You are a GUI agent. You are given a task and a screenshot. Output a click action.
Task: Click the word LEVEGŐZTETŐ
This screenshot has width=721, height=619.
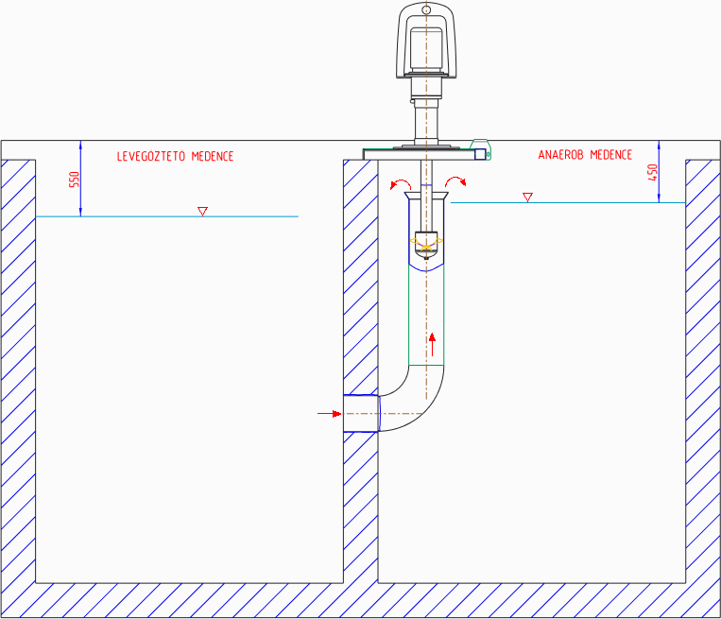coord(151,156)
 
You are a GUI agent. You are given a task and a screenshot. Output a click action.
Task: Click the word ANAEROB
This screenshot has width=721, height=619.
coord(560,155)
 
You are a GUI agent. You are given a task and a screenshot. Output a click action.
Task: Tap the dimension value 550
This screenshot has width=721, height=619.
coord(74,180)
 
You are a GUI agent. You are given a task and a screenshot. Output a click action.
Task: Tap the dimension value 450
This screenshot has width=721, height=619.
coord(652,172)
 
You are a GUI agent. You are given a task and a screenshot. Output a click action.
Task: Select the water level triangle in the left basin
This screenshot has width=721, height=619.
coord(202,211)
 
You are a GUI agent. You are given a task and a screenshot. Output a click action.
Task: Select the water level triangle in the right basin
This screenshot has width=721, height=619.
coord(527,198)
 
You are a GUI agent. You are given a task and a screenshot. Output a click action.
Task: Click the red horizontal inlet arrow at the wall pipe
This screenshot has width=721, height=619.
coord(329,414)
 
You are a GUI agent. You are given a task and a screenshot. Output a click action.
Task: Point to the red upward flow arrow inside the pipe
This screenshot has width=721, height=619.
coord(432,344)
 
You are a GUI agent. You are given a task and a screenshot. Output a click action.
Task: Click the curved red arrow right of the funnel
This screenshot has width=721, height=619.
coord(455,181)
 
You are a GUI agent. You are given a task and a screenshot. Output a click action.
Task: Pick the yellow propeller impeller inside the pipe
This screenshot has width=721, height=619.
coord(426,244)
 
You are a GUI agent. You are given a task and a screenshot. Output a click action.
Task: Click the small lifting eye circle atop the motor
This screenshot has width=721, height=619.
coord(426,9)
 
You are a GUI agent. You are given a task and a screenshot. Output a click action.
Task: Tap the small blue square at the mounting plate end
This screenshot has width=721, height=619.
coord(480,154)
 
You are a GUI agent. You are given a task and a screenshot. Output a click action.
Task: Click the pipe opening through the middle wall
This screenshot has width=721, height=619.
coord(361,413)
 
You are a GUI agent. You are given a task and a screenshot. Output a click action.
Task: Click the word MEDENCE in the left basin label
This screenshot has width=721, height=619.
coord(213,156)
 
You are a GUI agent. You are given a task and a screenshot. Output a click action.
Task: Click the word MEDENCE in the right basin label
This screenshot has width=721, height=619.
coord(611,155)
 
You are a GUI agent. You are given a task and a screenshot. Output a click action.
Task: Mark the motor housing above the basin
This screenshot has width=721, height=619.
coord(426,41)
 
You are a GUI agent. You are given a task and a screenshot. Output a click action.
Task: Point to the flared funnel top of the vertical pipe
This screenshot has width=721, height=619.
coord(426,196)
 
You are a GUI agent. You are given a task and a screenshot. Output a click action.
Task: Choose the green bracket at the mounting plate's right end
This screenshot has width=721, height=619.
coord(481,148)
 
